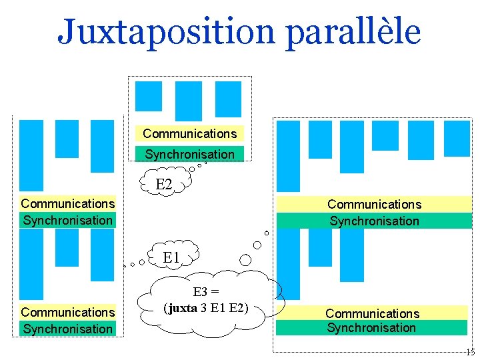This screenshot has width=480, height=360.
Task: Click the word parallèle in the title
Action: pos(353,31)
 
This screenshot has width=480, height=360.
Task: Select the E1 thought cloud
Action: pos(171,257)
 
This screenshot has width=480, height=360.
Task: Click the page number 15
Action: pos(470,352)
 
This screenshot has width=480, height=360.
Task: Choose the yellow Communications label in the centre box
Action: pos(189,133)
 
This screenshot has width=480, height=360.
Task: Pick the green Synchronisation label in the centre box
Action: pos(189,154)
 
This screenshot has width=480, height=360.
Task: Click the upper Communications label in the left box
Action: pos(67,203)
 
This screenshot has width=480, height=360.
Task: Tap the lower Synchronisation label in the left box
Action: pos(67,329)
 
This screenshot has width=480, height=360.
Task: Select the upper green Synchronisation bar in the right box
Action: pos(374,221)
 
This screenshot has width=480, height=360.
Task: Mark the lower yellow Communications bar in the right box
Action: pos(372,313)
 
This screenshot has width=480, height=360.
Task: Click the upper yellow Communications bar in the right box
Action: pos(374,204)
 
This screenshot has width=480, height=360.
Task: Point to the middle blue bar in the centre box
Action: pos(188,101)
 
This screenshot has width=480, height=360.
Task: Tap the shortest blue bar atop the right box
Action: pos(385,135)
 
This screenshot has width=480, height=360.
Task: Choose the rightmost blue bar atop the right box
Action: pos(457,138)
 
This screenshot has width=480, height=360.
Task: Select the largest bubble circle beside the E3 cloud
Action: pos(246,260)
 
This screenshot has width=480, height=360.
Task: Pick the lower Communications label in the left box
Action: pos(67,312)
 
